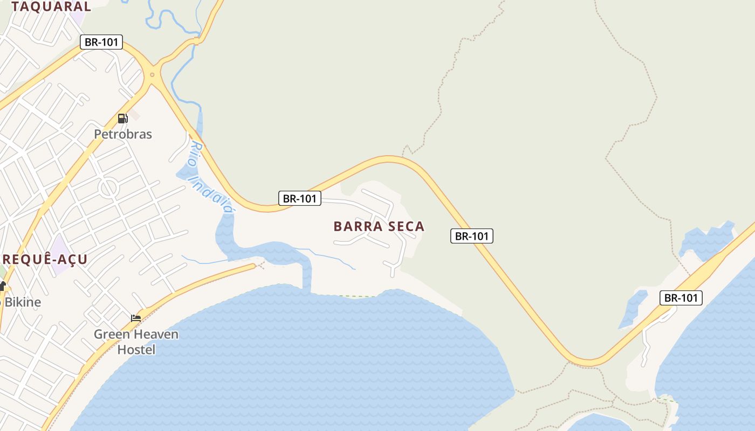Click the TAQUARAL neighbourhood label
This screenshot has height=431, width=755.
pyautogui.click(x=51, y=7)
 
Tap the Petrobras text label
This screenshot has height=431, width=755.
pyautogui.click(x=123, y=134)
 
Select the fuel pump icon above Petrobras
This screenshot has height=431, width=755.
pyautogui.click(x=122, y=119)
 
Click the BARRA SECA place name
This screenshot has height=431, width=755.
pyautogui.click(x=379, y=226)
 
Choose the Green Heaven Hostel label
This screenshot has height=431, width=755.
pyautogui.click(x=136, y=342)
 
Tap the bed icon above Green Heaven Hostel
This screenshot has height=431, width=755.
pyautogui.click(x=136, y=318)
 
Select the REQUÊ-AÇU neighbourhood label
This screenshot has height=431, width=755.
pyautogui.click(x=44, y=260)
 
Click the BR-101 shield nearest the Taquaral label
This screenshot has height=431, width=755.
pyautogui.click(x=101, y=42)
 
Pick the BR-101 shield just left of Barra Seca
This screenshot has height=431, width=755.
pyautogui.click(x=300, y=198)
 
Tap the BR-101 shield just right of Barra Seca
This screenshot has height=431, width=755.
pyautogui.click(x=472, y=236)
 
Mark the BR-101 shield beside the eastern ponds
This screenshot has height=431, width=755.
pyautogui.click(x=681, y=298)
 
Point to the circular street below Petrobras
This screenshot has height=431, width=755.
pyautogui.click(x=108, y=188)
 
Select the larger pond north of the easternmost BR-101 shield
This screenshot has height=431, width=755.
pyautogui.click(x=706, y=240)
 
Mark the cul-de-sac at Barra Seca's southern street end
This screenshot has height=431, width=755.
pyautogui.click(x=392, y=266)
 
